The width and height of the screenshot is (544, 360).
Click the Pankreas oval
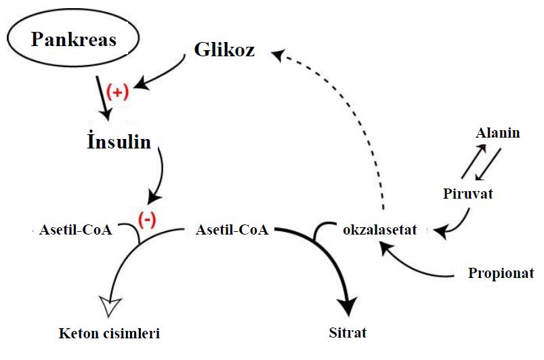73,40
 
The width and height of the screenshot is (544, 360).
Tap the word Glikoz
224,49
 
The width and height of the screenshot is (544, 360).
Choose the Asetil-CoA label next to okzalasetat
231,231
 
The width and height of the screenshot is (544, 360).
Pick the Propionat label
501,274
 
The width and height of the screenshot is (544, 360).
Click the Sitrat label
347,333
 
